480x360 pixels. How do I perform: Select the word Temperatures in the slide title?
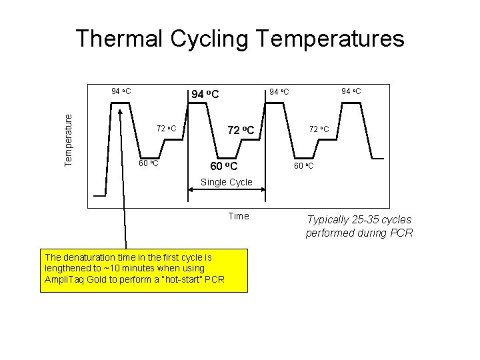(x=330, y=39)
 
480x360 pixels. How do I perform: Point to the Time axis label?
(x=238, y=216)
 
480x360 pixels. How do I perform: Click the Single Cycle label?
(x=227, y=182)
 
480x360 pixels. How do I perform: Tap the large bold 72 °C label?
(x=241, y=129)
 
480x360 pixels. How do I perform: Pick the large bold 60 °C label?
(x=223, y=165)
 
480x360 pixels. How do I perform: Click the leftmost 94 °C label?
(x=120, y=90)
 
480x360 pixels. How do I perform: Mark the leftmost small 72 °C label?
(x=166, y=128)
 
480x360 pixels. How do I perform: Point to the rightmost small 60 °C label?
(x=303, y=165)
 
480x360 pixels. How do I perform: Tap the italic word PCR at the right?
(x=402, y=233)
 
